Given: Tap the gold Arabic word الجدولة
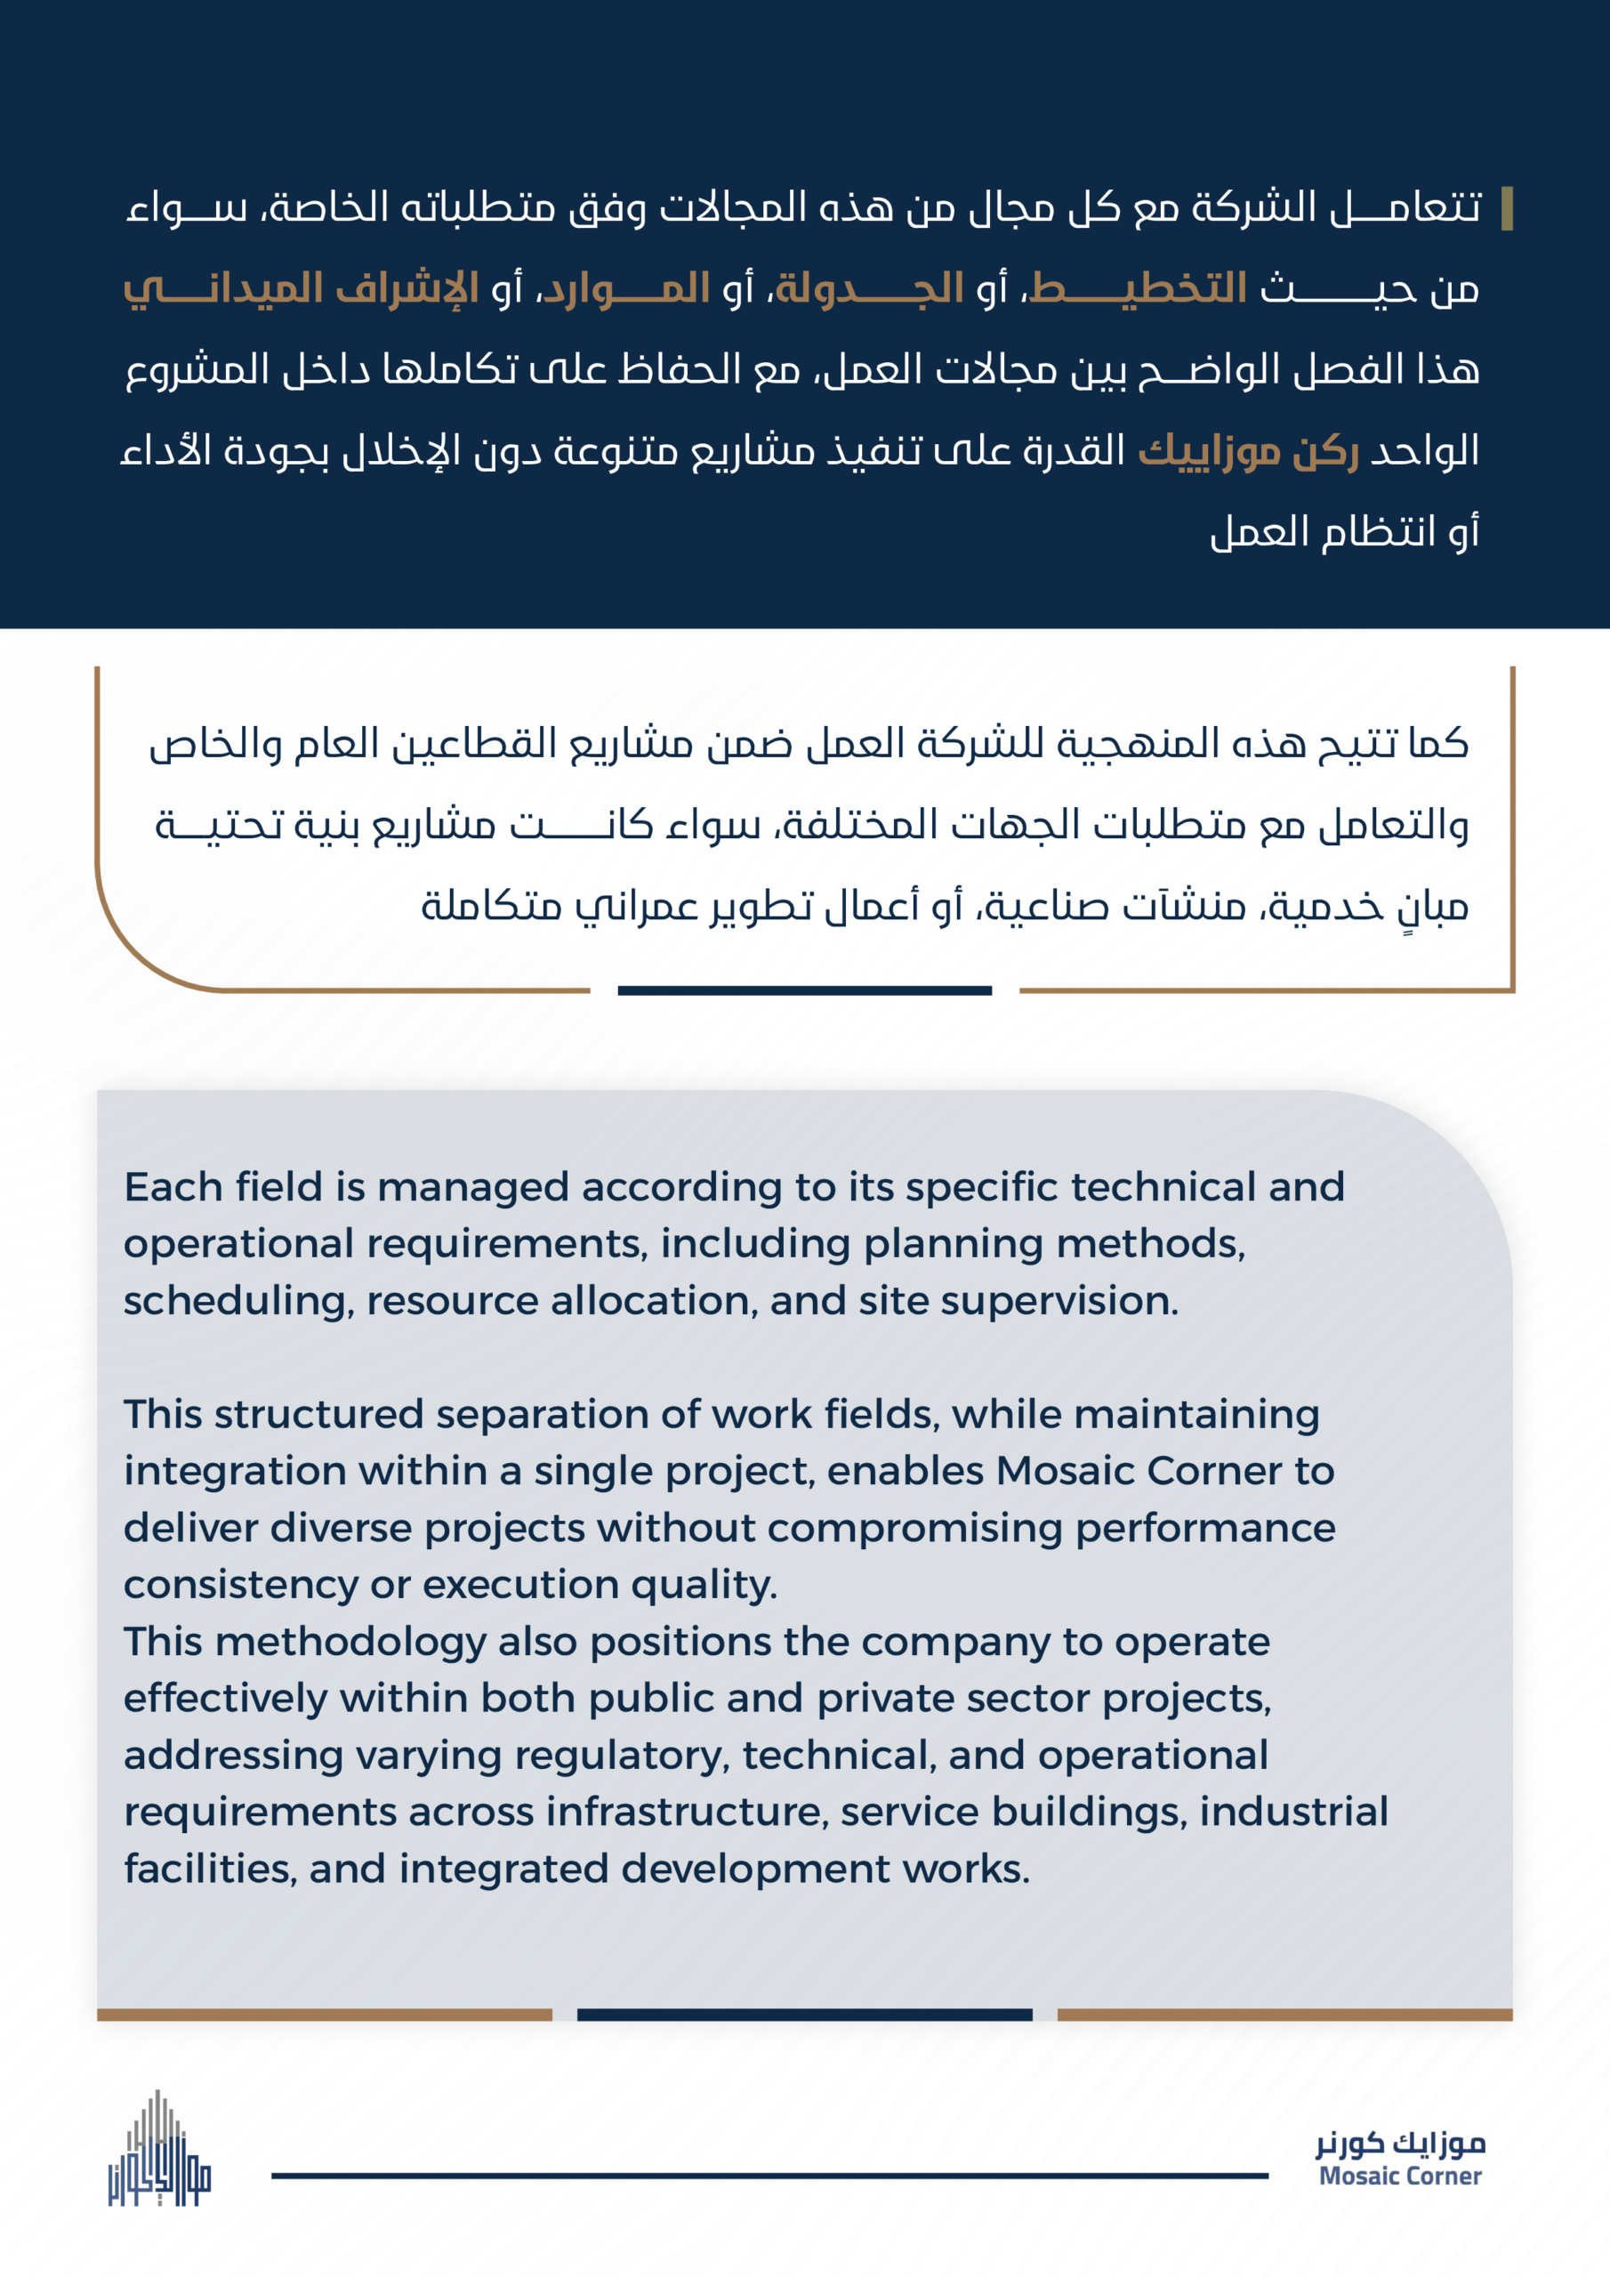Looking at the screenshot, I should click(x=869, y=288).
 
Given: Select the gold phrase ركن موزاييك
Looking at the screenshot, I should click(x=1248, y=451).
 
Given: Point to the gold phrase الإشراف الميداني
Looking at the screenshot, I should click(x=301, y=288).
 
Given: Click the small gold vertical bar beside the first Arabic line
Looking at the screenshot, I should click(x=1507, y=208).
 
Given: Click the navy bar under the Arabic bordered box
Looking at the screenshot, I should click(x=804, y=990).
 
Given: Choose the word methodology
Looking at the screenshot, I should click(x=350, y=1641).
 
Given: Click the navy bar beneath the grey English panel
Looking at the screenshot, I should click(x=804, y=2015).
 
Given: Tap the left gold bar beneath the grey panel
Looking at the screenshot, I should click(x=325, y=2015).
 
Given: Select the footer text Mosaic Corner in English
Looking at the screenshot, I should click(x=1400, y=2176).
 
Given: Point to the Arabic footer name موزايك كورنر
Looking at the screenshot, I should click(x=1400, y=2144).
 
